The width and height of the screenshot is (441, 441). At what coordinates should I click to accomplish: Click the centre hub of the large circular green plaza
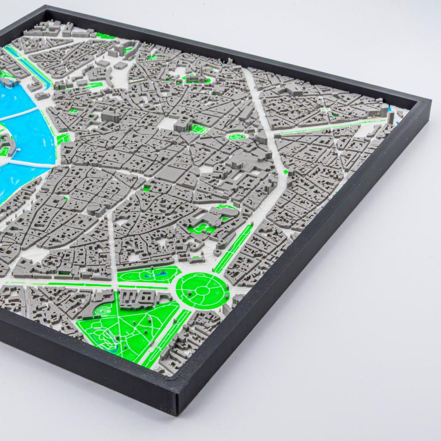point(202,290)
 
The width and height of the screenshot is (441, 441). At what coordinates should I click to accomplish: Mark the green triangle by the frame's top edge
point(106,36)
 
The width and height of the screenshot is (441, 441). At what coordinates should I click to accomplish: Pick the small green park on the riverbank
point(63,139)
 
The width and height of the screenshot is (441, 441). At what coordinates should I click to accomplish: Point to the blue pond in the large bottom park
point(111,347)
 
